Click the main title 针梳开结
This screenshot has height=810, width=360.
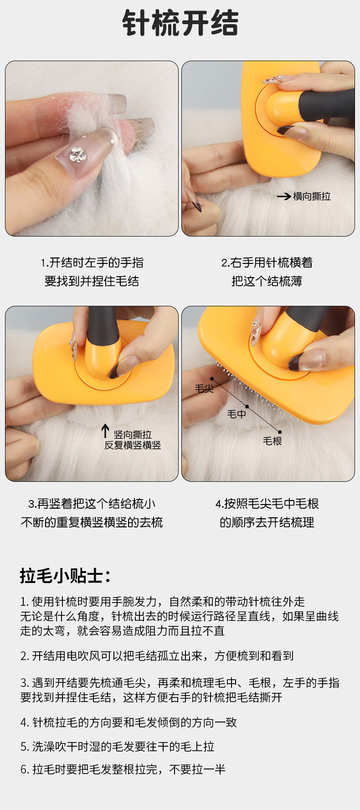coord(180,23)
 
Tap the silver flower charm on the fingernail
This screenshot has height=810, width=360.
coord(78,154)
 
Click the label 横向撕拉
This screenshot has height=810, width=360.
coord(312,196)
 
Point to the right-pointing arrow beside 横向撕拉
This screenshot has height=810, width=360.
coord(284,196)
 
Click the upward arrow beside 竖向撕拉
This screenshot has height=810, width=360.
coord(105,431)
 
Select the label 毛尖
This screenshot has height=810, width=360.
coord(204,388)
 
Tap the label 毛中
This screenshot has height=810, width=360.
coord(237,414)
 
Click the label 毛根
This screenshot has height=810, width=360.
coord(272,441)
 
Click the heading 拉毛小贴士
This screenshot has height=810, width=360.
coord(65,576)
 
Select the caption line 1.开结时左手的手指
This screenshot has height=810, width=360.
coord(92,263)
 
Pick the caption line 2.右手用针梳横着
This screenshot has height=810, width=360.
coord(267,263)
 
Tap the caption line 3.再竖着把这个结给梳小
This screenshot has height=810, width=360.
coord(92,504)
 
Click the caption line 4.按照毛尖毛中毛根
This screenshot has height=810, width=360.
coord(267,504)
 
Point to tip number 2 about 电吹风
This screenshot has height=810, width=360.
coord(157,656)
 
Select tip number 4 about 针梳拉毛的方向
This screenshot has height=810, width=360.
coord(129,722)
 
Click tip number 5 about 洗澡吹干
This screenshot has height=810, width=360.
coord(117,747)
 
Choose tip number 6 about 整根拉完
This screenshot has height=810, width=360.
coord(123,769)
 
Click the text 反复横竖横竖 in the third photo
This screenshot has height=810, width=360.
coord(133,445)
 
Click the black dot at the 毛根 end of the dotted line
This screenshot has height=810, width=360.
coord(280,432)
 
